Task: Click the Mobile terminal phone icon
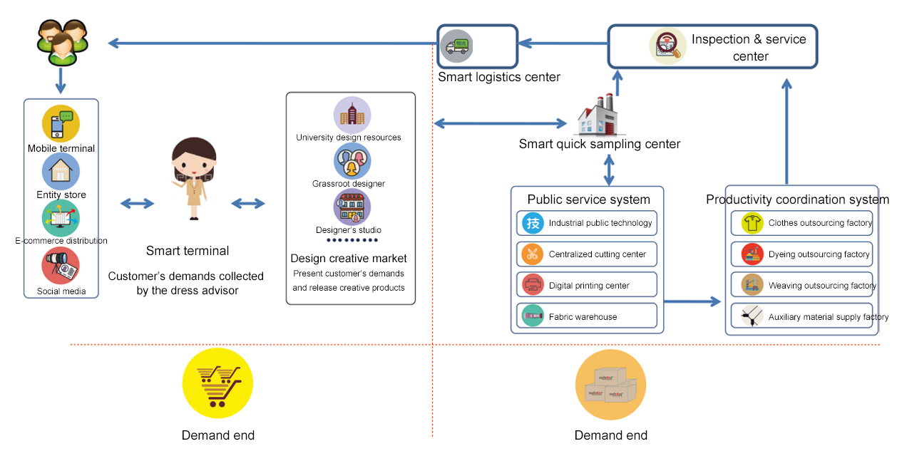point(61,123)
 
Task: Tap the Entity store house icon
point(61,171)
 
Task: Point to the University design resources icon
point(352,115)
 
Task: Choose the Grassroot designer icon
point(352,161)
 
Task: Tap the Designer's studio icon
point(352,207)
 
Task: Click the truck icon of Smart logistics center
point(456,46)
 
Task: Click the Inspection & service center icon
point(668,46)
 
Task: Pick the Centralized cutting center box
point(586,254)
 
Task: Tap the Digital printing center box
point(586,286)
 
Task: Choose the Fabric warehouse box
point(586,316)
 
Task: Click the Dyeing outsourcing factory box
point(801,254)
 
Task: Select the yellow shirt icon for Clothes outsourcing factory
point(752,223)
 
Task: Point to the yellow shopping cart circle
point(217,383)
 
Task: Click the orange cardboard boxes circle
point(610,384)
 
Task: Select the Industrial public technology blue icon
point(533,223)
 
